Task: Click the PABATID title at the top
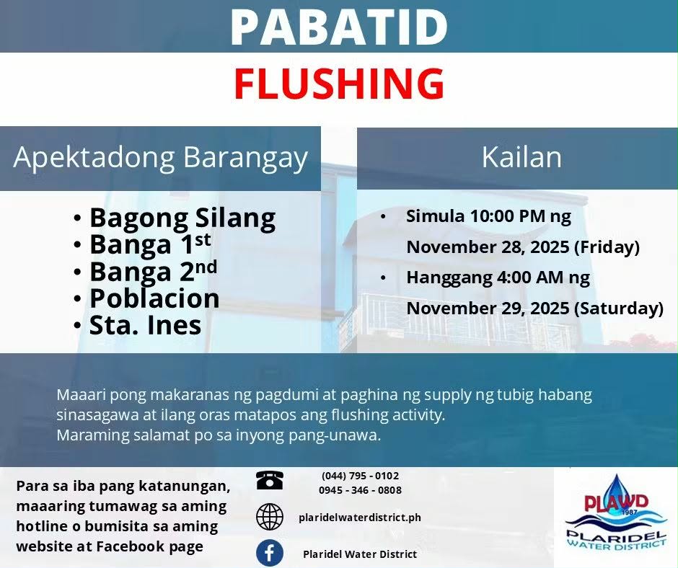(339, 26)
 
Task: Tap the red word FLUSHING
(339, 84)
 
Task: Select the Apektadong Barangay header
(160, 158)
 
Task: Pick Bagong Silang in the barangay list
(182, 218)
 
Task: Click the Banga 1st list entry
(150, 244)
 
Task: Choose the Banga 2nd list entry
(153, 272)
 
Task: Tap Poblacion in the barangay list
(154, 298)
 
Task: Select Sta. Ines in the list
(145, 325)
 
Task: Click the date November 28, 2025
(488, 247)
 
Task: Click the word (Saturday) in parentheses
(619, 309)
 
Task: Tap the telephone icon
(269, 480)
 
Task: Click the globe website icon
(269, 517)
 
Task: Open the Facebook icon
(269, 553)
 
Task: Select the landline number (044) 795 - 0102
(360, 476)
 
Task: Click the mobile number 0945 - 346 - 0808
(360, 490)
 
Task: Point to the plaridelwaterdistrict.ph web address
(360, 518)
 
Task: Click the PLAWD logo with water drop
(616, 512)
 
